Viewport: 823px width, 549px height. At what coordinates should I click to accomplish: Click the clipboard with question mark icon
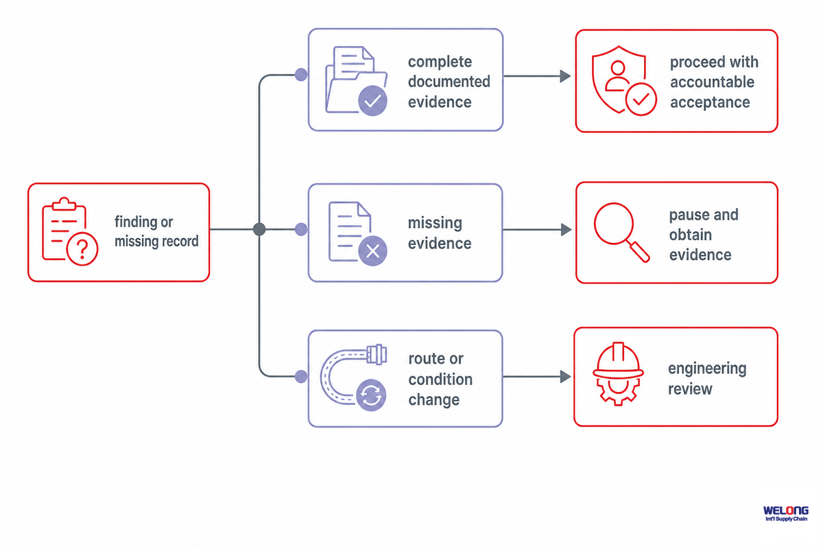coord(70,231)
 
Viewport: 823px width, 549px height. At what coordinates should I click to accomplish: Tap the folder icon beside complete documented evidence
coord(357,81)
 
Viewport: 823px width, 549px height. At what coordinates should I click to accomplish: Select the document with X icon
coord(357,233)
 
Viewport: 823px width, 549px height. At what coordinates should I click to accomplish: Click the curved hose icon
coord(353,377)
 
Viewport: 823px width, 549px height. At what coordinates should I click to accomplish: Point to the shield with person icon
coord(624,80)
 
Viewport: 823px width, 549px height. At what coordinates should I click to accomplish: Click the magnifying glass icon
coord(621,233)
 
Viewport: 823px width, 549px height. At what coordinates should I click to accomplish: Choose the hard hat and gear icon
coord(618,374)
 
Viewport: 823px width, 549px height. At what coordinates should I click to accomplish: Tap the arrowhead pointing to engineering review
coord(565,377)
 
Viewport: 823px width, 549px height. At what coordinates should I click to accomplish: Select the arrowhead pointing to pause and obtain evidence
coord(566,230)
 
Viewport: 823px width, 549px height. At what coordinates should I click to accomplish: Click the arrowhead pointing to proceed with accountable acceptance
coord(565,76)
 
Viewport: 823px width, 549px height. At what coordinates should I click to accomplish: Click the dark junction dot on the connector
coord(259,229)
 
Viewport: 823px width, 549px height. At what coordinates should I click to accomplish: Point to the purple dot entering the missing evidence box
coord(301,229)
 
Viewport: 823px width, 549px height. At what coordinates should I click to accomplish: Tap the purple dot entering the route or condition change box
coord(301,376)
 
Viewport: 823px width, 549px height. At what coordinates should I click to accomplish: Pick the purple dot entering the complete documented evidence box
coord(301,75)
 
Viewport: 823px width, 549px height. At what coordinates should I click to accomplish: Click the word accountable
coord(712,82)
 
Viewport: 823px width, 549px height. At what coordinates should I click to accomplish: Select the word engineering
coord(707,369)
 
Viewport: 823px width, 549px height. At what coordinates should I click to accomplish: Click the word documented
coord(449,81)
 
